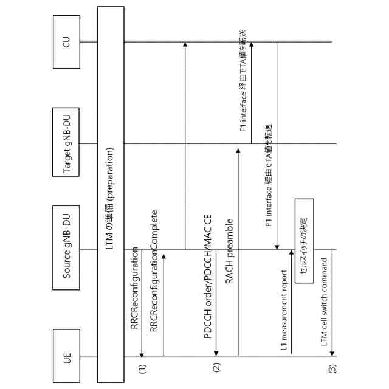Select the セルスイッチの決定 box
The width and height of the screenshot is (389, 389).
tap(304, 240)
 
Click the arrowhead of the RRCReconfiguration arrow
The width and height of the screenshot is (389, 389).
tap(142, 354)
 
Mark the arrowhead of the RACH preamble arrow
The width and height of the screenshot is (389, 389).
tap(238, 146)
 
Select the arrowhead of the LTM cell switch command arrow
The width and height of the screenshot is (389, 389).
tap(333, 354)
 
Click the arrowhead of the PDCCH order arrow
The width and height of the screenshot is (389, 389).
tap(216, 354)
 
